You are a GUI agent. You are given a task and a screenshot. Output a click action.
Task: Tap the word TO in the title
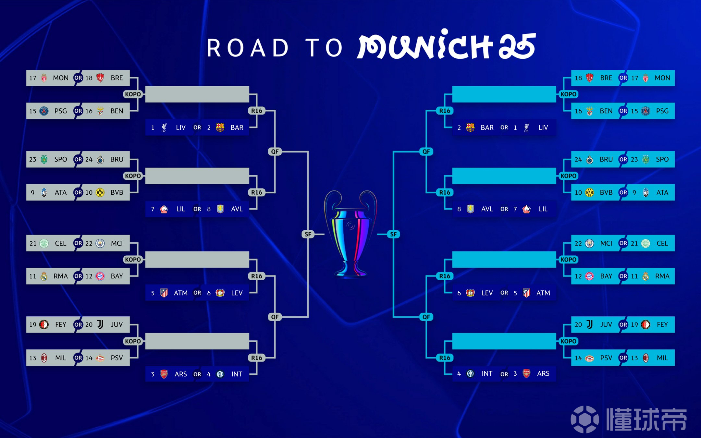(x=324, y=48)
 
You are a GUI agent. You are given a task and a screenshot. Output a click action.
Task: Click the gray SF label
(x=308, y=234)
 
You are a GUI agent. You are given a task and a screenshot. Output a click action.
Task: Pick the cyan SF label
(x=393, y=234)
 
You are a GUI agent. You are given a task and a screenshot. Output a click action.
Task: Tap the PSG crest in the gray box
(x=44, y=111)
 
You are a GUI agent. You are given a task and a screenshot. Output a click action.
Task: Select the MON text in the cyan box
(x=662, y=78)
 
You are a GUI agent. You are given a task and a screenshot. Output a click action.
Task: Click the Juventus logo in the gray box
(x=100, y=324)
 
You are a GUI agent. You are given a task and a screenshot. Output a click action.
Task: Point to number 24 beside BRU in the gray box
(x=89, y=159)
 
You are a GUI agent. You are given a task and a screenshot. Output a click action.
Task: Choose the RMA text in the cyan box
(x=662, y=276)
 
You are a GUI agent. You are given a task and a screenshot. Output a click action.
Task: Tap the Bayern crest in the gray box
(x=100, y=276)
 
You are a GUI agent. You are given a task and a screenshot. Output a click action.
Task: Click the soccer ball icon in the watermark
(x=585, y=419)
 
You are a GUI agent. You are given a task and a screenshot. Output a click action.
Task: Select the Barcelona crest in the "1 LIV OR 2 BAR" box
(x=220, y=128)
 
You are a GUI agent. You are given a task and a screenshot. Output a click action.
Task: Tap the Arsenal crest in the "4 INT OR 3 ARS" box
(x=526, y=374)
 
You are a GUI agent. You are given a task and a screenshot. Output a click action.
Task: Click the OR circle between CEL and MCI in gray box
(x=78, y=243)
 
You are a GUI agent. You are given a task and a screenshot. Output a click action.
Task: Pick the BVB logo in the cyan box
(x=589, y=192)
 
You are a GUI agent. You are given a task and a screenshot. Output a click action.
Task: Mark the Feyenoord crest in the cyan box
(x=646, y=324)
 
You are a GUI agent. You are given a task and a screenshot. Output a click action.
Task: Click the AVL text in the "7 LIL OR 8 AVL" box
(x=237, y=209)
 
